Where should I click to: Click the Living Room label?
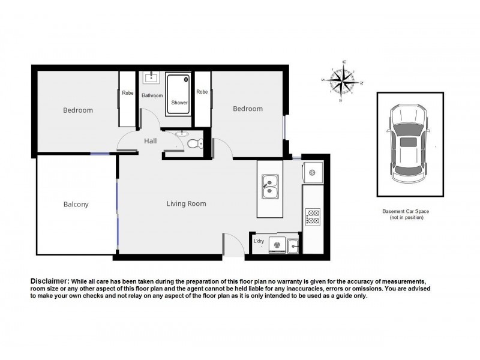click(x=186, y=204)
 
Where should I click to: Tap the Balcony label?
click(x=76, y=205)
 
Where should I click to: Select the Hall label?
click(x=150, y=141)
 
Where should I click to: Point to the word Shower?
click(x=179, y=103)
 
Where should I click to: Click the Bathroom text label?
click(x=152, y=96)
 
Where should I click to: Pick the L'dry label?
click(x=259, y=241)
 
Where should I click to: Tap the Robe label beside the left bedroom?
click(x=127, y=93)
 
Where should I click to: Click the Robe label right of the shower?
click(x=202, y=92)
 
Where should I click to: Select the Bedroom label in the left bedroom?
click(x=78, y=110)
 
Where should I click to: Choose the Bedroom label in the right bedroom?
click(x=248, y=109)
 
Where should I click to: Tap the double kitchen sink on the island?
click(x=270, y=186)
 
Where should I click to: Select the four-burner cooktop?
click(x=313, y=217)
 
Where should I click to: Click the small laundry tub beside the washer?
click(x=294, y=244)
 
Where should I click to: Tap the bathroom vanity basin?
click(x=150, y=78)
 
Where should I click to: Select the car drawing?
click(x=409, y=144)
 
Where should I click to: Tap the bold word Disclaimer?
click(x=49, y=281)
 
